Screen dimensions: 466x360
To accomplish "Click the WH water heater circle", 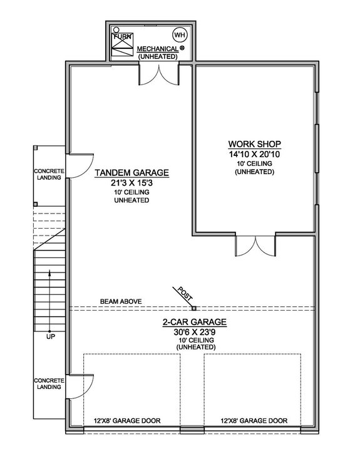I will pyautogui.click(x=180, y=34).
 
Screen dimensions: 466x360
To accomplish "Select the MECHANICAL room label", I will pyautogui.click(x=157, y=48).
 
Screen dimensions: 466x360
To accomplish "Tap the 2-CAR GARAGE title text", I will pyautogui.click(x=194, y=323).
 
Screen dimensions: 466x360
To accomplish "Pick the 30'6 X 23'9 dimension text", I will pyautogui.click(x=194, y=332).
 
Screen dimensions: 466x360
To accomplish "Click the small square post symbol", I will pyautogui.click(x=194, y=308).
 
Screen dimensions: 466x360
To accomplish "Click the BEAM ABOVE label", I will pyautogui.click(x=120, y=302).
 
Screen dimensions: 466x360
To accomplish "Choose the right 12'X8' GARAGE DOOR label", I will pyautogui.click(x=254, y=421).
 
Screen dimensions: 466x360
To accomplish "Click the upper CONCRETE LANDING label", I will pyautogui.click(x=48, y=174).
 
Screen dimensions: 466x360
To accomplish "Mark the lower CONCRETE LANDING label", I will pyautogui.click(x=48, y=383).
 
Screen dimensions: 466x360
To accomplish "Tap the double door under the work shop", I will pyautogui.click(x=254, y=244).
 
